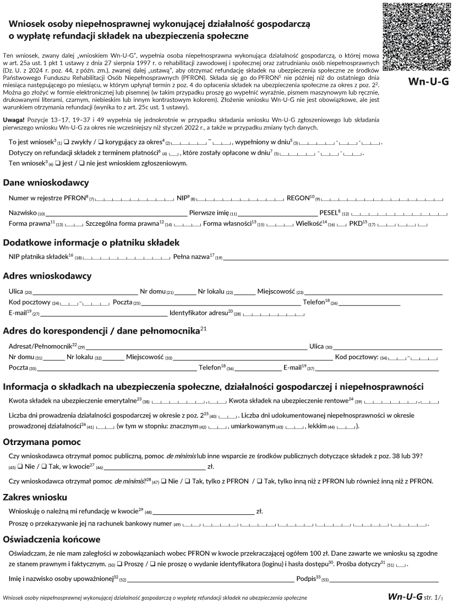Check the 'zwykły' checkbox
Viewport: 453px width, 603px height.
click(x=67, y=143)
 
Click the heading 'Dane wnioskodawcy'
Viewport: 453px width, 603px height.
click(x=46, y=182)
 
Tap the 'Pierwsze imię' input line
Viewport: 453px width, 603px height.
click(x=277, y=213)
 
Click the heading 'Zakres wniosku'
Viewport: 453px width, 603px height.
click(x=35, y=497)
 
